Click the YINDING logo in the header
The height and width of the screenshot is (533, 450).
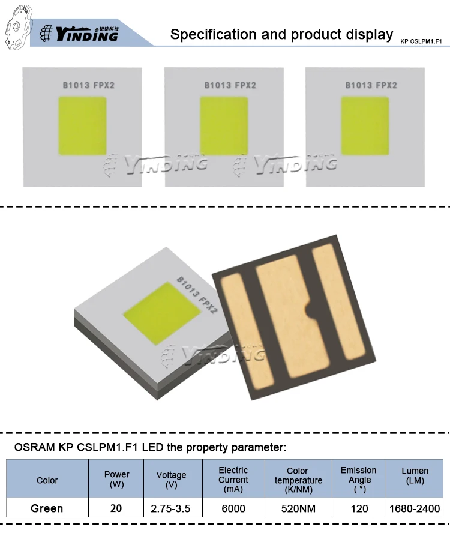point(87,34)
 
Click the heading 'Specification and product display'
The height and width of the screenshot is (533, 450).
point(281,34)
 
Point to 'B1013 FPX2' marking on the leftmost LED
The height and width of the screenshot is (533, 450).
point(89,85)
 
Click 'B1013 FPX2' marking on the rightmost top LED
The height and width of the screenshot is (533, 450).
point(371,85)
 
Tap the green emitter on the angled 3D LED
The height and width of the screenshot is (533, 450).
point(161,313)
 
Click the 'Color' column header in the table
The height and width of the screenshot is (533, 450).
point(47,480)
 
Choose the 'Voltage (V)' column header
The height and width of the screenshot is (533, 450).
point(171,480)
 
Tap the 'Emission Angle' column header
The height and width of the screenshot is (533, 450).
point(359,479)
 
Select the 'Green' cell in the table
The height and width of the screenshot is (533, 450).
point(47,508)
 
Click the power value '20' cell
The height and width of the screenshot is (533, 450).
point(116,508)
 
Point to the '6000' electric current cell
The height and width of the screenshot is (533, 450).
point(233,508)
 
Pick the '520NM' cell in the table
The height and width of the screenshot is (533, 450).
point(298,508)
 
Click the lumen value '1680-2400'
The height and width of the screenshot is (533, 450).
point(415,508)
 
